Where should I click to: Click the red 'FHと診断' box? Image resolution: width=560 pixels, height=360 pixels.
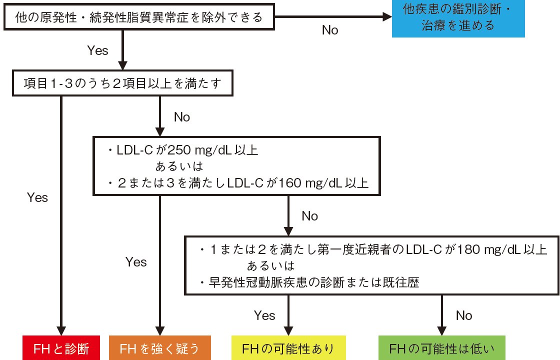coord(61,348)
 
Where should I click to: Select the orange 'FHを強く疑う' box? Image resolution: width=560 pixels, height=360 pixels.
coord(159,348)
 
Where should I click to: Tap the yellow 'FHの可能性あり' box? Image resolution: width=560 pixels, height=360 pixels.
coord(287,348)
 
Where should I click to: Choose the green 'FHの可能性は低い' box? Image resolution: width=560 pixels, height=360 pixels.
coord(442,348)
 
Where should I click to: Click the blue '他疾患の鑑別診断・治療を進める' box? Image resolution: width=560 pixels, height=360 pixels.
coord(458,19)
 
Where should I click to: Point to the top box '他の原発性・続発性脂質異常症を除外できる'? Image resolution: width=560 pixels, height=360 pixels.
coord(139,18)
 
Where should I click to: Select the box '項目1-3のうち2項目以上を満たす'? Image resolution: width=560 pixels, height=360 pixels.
coord(122,83)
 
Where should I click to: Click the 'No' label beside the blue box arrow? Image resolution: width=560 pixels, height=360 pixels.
coord(330,30)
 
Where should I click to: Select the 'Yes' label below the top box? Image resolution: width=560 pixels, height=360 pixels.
coord(97,50)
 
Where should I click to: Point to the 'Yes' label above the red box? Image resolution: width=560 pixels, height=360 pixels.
coord(37,197)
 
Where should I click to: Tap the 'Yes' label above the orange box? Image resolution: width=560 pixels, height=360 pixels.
coord(136,262)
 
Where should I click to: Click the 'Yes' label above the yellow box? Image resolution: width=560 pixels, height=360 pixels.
coord(264,315)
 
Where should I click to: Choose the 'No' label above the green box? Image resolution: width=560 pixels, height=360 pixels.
coord(464,315)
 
